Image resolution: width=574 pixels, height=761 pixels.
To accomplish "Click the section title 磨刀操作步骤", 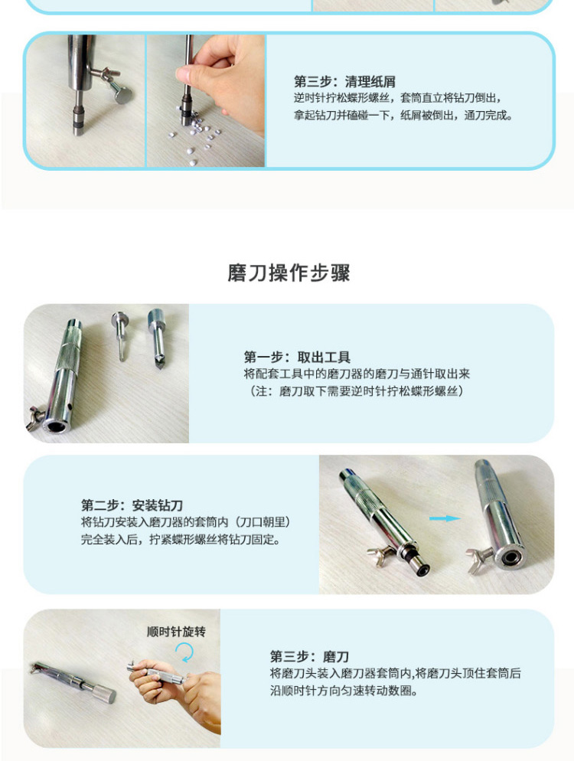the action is [x=289, y=273].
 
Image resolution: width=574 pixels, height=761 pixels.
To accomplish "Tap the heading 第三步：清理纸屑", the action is [x=344, y=81].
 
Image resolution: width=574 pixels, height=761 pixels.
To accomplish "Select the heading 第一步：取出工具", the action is [x=297, y=358].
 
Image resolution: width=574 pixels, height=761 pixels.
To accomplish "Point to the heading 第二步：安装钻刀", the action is [x=132, y=505].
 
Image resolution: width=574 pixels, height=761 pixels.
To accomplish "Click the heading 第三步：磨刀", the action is [x=309, y=657].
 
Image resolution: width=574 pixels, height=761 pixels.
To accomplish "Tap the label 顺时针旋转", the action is [x=176, y=632].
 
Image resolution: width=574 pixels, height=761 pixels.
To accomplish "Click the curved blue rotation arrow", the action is [x=185, y=652].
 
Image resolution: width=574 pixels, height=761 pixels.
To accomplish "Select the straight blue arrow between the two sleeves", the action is [x=445, y=518].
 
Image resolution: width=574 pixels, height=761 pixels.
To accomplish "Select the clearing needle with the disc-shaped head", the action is [x=119, y=335].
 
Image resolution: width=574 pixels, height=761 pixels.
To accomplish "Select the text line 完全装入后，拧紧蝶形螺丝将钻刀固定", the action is [x=181, y=539].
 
